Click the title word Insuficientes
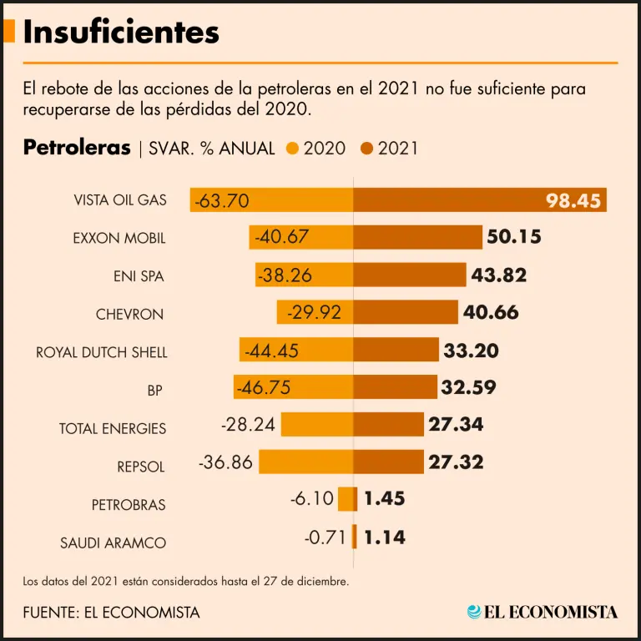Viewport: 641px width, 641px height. [x=121, y=32]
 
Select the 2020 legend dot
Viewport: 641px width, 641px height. [x=292, y=149]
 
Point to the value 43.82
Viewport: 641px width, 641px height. [x=499, y=275]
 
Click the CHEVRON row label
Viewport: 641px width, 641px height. [x=129, y=315]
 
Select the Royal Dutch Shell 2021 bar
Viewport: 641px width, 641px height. [x=396, y=351]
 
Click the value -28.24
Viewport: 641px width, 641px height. [x=248, y=425]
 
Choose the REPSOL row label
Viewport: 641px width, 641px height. [x=141, y=466]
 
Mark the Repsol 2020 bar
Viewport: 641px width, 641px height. [x=305, y=462]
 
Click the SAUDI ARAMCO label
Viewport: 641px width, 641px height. [x=113, y=543]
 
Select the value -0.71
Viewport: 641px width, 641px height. [x=325, y=538]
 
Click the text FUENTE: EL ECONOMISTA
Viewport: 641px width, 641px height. [x=112, y=612]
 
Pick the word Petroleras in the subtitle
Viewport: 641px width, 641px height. [x=77, y=148]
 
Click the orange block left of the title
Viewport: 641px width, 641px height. [x=9, y=32]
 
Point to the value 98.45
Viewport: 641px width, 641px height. [x=573, y=200]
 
